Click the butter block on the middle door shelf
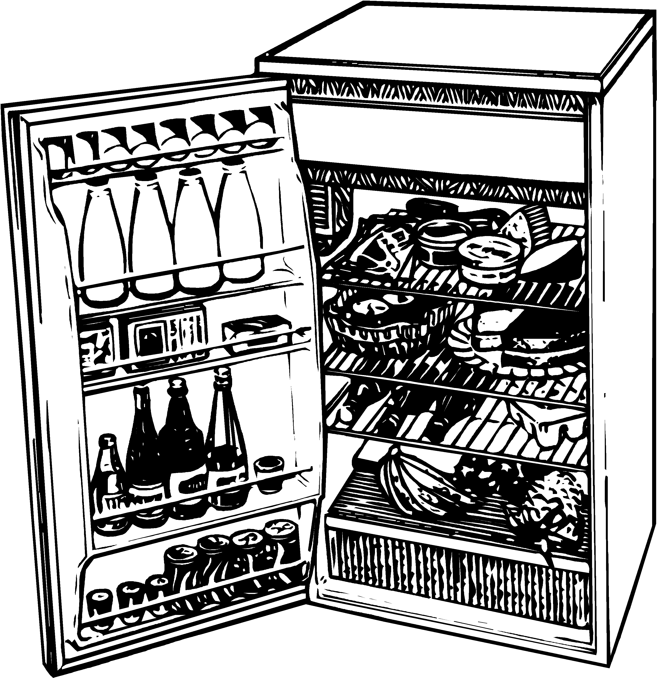tap(256, 329)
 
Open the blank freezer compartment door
tap(439, 138)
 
